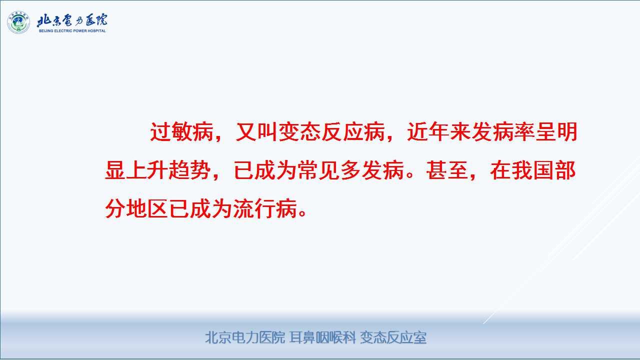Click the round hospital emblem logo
click(x=18, y=22)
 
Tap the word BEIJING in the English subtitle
click(x=46, y=30)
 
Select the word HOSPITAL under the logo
click(x=96, y=30)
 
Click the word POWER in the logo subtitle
click(x=79, y=30)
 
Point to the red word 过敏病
click(x=181, y=131)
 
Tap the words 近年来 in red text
click(x=439, y=131)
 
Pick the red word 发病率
click(x=503, y=131)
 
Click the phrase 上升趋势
click(x=168, y=170)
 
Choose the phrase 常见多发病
click(x=350, y=170)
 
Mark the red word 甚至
click(x=447, y=170)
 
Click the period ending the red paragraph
click(x=302, y=213)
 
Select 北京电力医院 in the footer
click(x=245, y=337)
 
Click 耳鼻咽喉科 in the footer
click(x=322, y=337)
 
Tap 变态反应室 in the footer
click(x=393, y=337)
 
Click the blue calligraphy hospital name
click(x=72, y=20)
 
